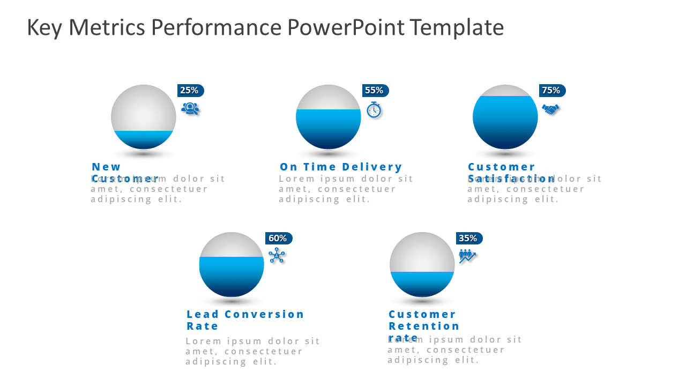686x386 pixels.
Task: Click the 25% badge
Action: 190,91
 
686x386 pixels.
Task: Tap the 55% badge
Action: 375,91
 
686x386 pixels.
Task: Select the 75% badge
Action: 552,91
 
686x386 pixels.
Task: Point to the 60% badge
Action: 278,239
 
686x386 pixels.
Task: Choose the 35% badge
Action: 469,239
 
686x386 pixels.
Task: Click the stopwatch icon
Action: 374,109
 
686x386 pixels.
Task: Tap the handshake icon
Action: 550,109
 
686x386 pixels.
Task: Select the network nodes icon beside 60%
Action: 277,255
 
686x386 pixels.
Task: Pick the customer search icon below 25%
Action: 190,109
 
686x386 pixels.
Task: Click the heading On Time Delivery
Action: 341,167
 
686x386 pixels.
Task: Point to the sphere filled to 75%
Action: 505,117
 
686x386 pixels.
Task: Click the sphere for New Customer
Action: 144,117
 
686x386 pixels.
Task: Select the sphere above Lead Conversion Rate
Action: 232,264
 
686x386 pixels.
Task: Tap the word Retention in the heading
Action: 424,326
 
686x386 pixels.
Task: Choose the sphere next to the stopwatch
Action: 329,117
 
